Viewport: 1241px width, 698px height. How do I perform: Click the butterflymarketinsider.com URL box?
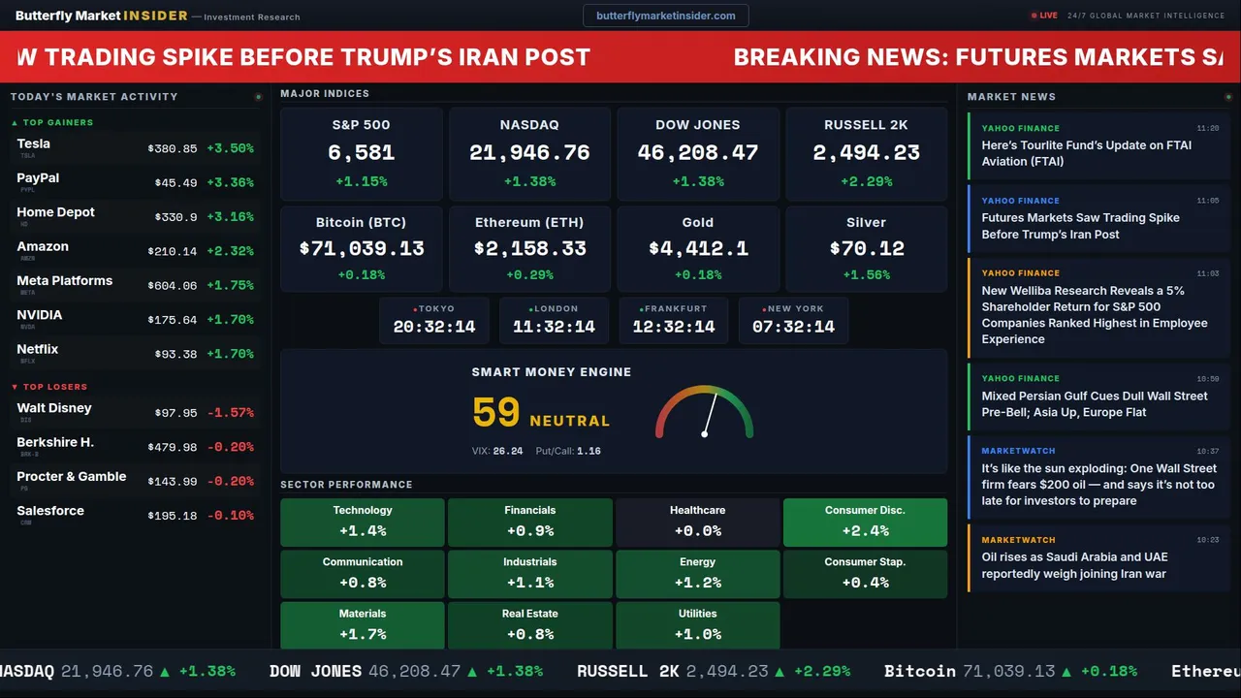pos(665,16)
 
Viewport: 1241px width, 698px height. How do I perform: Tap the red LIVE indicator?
pos(1046,16)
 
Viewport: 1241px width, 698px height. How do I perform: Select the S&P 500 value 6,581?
pos(361,153)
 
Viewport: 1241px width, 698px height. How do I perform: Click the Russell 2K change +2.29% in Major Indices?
pos(866,181)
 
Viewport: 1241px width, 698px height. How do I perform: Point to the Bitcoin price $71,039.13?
pos(362,249)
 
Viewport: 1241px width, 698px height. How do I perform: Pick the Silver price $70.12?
pos(866,249)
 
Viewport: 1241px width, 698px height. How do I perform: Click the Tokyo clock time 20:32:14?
pos(434,327)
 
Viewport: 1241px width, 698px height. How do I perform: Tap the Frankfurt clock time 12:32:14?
pos(674,327)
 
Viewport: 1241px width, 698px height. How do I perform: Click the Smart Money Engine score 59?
pos(496,413)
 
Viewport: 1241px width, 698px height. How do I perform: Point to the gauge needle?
pos(710,414)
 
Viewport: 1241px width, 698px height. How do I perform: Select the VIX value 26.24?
pos(507,451)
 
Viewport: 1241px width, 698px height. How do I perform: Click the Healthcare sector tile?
pos(697,522)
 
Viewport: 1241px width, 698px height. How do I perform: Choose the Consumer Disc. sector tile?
pos(865,522)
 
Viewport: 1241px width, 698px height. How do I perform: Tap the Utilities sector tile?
pos(697,624)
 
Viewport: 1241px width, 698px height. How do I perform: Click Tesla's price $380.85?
pos(173,149)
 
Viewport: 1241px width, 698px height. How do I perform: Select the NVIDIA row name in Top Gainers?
pos(40,315)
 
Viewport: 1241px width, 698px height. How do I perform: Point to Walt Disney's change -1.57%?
pos(231,413)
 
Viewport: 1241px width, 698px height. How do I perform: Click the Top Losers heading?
pos(54,387)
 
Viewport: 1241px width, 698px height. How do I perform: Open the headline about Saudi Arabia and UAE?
pos(1074,565)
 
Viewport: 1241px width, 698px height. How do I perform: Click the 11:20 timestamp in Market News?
pos(1207,128)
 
